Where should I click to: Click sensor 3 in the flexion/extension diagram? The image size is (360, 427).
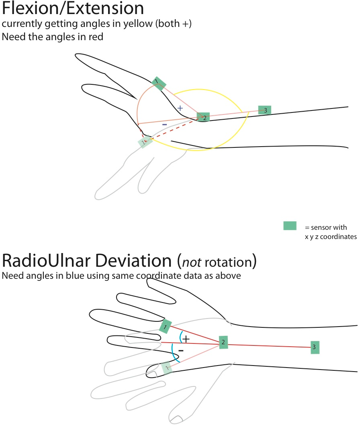point(264,110)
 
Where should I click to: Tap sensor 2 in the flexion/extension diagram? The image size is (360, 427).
point(203,117)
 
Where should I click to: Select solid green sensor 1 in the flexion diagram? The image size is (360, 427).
point(159,84)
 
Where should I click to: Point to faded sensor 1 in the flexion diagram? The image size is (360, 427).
point(145,141)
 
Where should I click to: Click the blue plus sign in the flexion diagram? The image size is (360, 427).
point(180,108)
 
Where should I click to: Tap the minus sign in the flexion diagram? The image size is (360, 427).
point(164,125)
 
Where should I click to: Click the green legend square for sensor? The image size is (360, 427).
point(290,226)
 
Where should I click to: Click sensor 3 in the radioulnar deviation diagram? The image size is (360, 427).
point(315,347)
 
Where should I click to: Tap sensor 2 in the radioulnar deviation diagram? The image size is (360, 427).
point(223,342)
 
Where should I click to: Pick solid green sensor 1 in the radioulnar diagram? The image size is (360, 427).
point(165,327)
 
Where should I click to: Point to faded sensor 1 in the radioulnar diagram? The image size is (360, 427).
point(166,368)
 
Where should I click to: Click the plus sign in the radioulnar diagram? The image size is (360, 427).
point(186,339)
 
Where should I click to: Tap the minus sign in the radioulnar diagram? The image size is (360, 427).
point(180,350)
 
